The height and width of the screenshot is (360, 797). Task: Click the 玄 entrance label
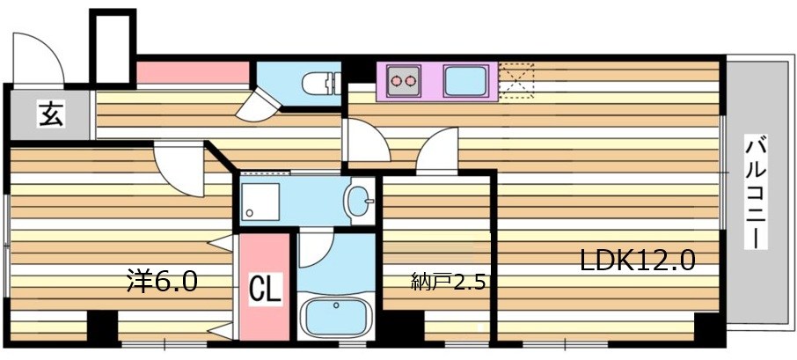tap(50, 114)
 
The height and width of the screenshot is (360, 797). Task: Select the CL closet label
tap(264, 289)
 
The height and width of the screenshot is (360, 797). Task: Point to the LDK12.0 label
tap(638, 261)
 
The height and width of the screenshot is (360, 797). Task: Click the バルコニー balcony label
tap(754, 192)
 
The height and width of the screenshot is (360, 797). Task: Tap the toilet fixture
tap(319, 84)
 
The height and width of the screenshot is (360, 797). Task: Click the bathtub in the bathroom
tap(337, 315)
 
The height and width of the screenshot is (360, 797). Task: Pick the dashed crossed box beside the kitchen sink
tap(515, 80)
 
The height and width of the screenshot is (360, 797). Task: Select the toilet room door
tap(262, 105)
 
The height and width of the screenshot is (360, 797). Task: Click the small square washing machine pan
tap(260, 201)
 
